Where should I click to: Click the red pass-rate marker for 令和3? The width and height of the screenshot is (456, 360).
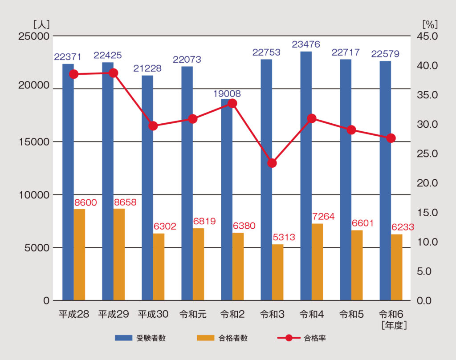click(272, 163)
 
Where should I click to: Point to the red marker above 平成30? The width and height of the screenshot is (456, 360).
click(153, 126)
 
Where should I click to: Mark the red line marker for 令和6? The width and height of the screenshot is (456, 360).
click(391, 138)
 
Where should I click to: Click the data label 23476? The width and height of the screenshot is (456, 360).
click(306, 44)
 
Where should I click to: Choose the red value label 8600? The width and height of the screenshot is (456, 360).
click(85, 202)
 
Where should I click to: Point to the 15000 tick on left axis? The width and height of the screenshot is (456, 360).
click(33, 142)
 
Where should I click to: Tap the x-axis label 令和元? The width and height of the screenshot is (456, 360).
click(193, 314)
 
